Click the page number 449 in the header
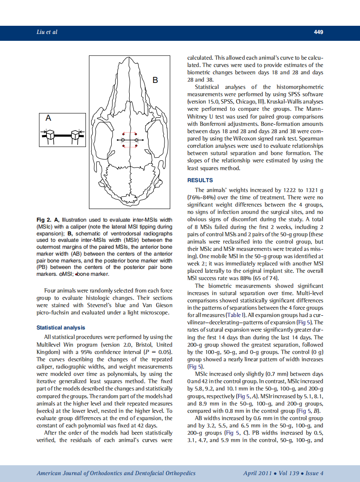[318, 32]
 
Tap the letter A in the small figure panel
[49, 118]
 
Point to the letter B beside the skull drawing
[156, 80]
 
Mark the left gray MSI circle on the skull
[123, 140]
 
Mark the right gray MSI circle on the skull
[137, 140]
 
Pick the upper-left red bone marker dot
[123, 133]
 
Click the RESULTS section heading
[200, 180]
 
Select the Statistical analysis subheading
[61, 327]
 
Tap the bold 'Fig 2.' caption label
[44, 220]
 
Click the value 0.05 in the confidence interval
[165, 352]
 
